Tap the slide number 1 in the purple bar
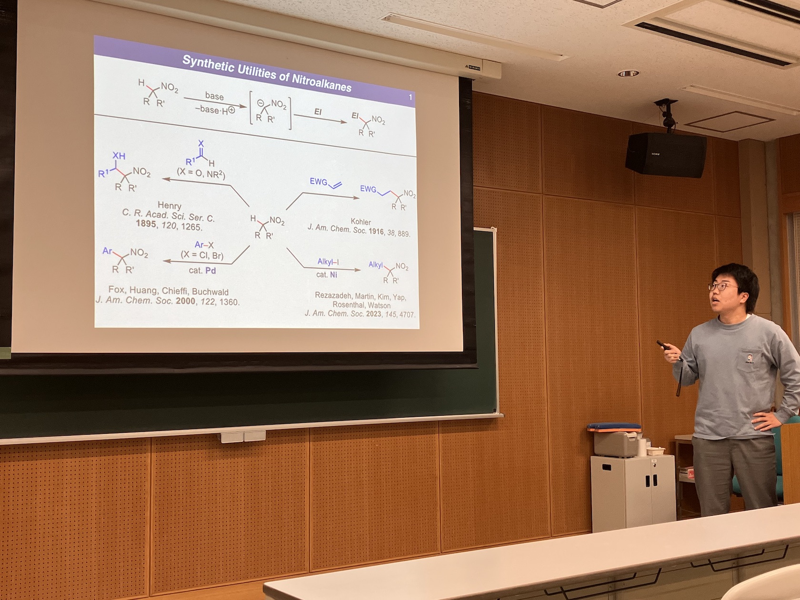click(410, 97)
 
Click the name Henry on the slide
click(170, 206)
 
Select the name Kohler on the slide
click(361, 221)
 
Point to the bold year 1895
click(146, 223)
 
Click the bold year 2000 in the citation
click(186, 301)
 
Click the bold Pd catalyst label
click(210, 270)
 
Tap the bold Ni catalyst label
click(333, 274)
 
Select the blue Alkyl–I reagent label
click(328, 261)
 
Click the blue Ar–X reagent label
click(204, 245)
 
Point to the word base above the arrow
click(214, 96)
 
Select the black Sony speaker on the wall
click(666, 155)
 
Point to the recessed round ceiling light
click(629, 74)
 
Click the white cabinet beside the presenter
click(633, 492)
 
